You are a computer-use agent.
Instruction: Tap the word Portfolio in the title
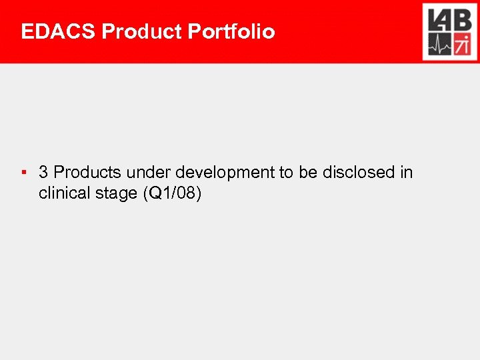pos(232,31)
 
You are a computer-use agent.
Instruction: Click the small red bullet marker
pos(23,173)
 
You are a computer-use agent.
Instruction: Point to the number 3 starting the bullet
pos(43,173)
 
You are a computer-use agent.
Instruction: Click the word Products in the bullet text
pos(87,173)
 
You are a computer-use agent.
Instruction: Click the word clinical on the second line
pos(64,194)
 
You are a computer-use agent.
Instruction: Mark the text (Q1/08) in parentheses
pos(177,195)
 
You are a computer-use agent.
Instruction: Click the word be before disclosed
pos(307,173)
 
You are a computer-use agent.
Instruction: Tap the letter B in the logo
pos(462,20)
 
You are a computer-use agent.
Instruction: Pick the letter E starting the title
pos(27,31)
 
